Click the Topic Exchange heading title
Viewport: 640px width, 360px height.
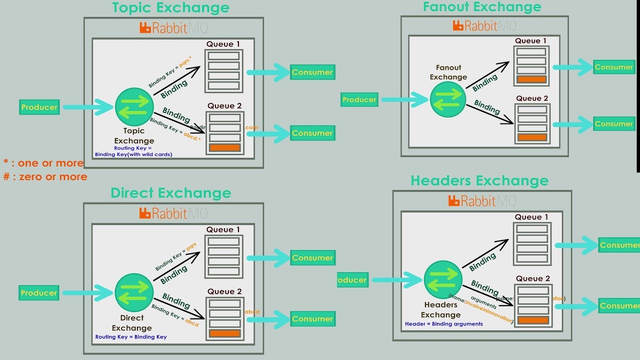170,8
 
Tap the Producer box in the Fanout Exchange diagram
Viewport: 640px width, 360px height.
359,100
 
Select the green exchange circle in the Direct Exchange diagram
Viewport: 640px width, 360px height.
134,293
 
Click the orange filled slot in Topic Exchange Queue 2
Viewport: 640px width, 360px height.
224,147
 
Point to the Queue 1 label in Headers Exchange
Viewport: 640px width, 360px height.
531,217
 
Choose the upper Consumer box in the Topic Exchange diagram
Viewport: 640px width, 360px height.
312,72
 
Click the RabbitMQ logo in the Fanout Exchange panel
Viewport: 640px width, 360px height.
484,25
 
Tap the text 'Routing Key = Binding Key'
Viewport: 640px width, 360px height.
131,337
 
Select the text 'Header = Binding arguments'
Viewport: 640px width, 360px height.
444,324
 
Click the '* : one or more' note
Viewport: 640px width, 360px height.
43,163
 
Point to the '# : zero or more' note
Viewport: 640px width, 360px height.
45,176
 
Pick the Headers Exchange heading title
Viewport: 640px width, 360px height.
479,180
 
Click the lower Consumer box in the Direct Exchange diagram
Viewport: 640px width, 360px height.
312,319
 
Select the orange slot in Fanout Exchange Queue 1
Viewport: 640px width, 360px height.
531,79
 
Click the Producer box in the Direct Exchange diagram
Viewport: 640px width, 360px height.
39,293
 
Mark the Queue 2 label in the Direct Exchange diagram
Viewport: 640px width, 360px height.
224,291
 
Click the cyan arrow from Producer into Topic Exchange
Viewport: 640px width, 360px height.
88,107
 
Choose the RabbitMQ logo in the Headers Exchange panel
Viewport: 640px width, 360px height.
482,201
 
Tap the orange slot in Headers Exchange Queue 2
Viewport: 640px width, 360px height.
533,320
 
